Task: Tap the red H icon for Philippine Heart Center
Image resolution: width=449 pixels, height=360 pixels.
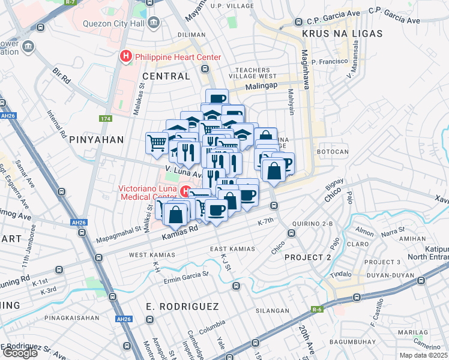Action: click(126, 57)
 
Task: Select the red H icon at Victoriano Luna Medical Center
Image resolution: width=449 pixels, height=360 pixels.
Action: click(186, 192)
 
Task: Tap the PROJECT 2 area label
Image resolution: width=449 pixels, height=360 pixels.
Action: click(308, 257)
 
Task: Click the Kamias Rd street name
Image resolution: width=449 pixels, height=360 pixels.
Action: click(179, 230)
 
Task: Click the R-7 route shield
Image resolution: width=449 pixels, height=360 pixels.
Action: click(71, 2)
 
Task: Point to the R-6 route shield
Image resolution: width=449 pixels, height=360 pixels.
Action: click(316, 310)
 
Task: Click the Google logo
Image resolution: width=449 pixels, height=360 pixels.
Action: click(20, 352)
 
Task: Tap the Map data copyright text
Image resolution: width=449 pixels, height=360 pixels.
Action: click(424, 355)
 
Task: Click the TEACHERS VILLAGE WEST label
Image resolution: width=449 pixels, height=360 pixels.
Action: click(252, 73)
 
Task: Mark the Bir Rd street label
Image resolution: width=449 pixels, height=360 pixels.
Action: click(62, 76)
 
